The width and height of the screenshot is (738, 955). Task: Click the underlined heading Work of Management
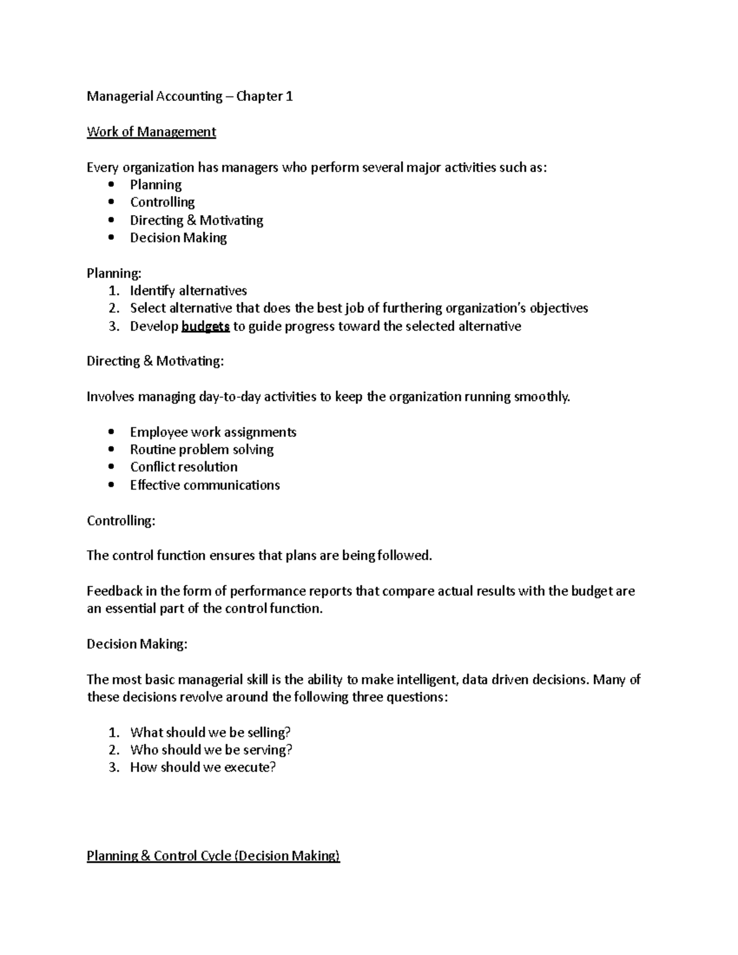[151, 132]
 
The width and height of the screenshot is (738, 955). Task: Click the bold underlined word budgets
[205, 327]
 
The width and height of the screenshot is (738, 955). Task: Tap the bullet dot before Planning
[111, 184]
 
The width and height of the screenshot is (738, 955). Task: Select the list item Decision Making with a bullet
[178, 238]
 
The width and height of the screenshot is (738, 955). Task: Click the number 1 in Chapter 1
[289, 97]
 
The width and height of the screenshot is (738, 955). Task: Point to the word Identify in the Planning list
[152, 291]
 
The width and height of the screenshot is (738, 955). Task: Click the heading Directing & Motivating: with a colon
[155, 362]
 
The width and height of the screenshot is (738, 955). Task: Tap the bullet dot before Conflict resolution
[111, 467]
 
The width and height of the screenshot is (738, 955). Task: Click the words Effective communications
[205, 485]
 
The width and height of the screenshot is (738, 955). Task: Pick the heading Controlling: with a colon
[121, 521]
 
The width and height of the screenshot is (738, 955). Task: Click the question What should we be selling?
[210, 732]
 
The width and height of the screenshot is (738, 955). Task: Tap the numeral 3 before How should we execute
[113, 767]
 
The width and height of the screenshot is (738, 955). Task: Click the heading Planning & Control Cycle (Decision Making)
[213, 856]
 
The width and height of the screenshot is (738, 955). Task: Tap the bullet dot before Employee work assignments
[111, 432]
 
